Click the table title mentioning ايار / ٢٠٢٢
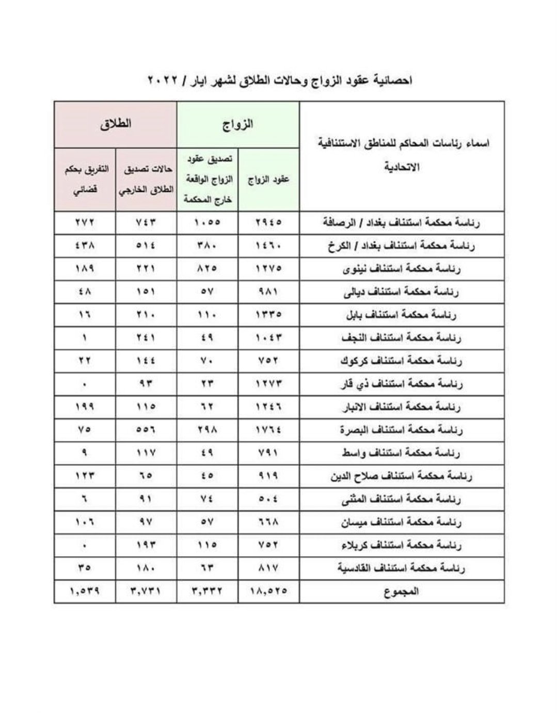pyautogui.click(x=279, y=81)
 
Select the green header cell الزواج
pyautogui.click(x=238, y=124)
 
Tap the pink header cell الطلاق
pyautogui.click(x=116, y=124)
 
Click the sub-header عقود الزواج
pyautogui.click(x=268, y=179)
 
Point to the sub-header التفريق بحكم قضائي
pyautogui.click(x=85, y=180)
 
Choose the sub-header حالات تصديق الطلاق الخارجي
pyautogui.click(x=147, y=180)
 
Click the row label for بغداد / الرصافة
pyautogui.click(x=401, y=223)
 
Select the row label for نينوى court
pyautogui.click(x=402, y=269)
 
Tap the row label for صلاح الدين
pyautogui.click(x=401, y=476)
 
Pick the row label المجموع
pyautogui.click(x=401, y=591)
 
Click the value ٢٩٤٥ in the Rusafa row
pyautogui.click(x=268, y=223)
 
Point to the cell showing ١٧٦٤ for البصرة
pyautogui.click(x=268, y=430)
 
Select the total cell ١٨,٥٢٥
pyautogui.click(x=268, y=591)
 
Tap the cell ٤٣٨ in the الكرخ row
pyautogui.click(x=85, y=246)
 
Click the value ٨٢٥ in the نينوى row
pyautogui.click(x=208, y=269)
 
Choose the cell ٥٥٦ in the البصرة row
pyautogui.click(x=147, y=430)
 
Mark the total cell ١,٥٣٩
pyautogui.click(x=85, y=591)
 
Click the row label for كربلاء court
pyautogui.click(x=401, y=545)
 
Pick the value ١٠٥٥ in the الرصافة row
pyautogui.click(x=208, y=223)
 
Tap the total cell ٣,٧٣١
pyautogui.click(x=147, y=591)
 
